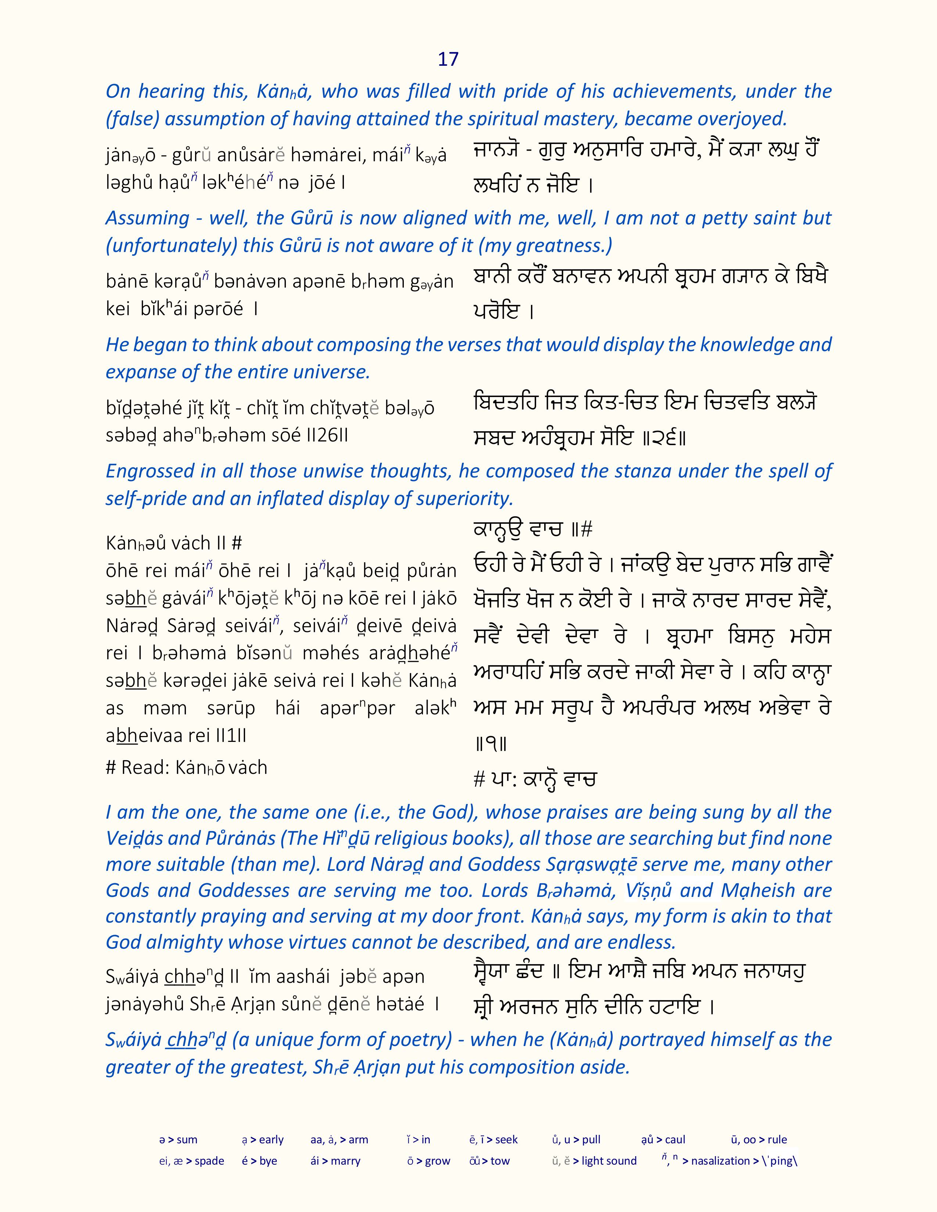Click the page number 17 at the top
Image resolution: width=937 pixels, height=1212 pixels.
coord(448,59)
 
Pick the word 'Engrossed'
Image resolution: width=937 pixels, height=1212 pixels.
coord(149,471)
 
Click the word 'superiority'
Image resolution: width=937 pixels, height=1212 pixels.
coord(466,498)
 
